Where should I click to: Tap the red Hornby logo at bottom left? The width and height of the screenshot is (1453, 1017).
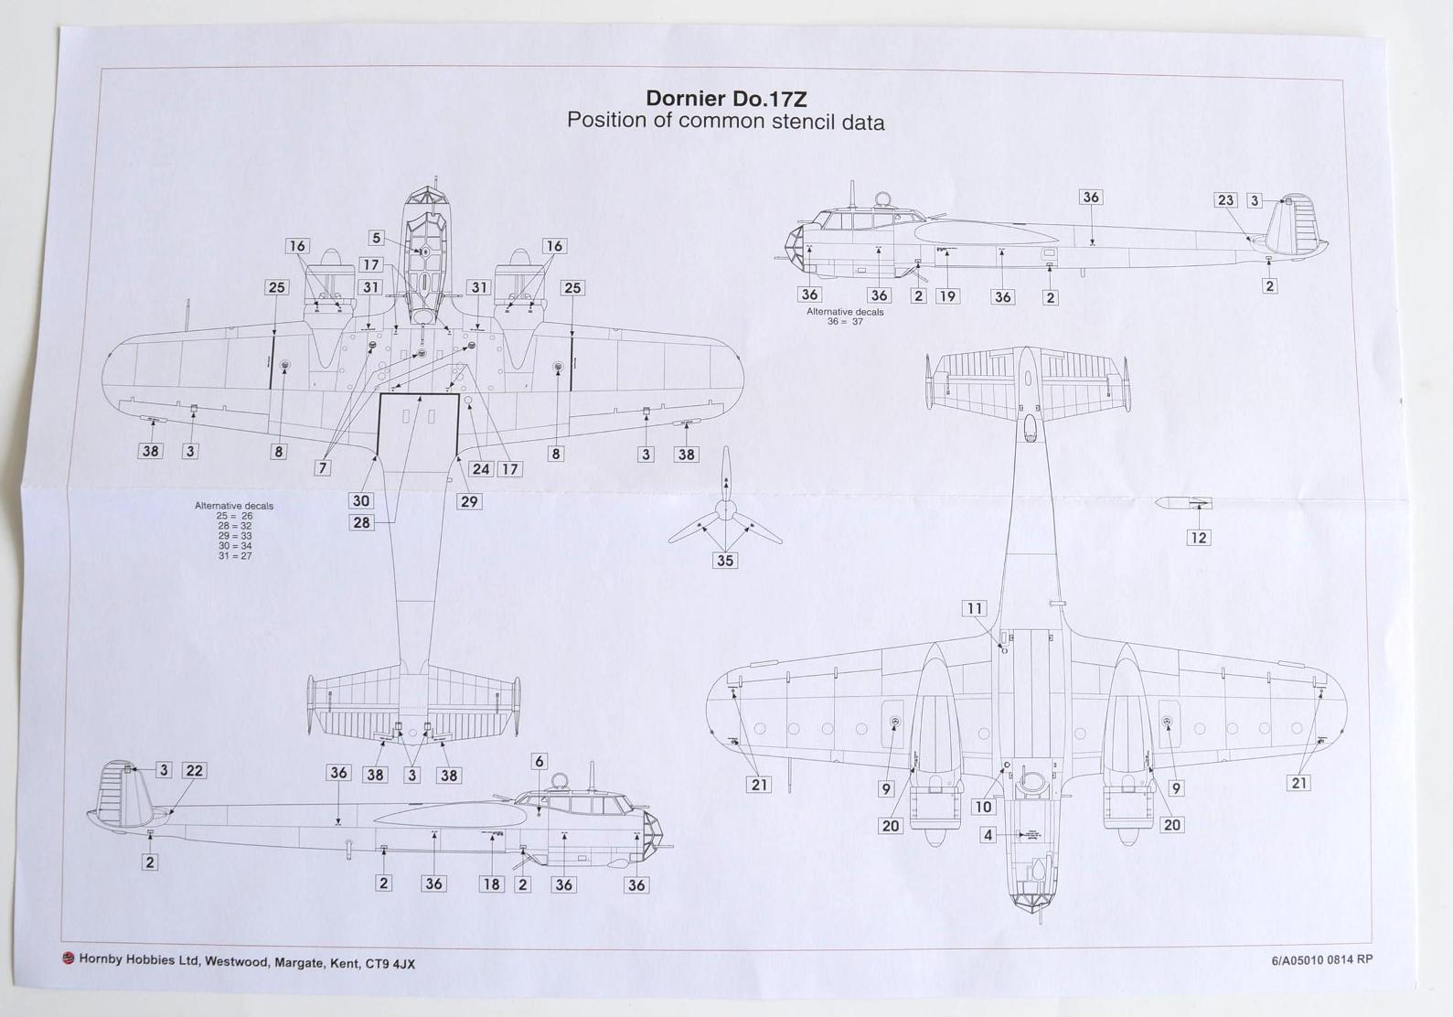[x=68, y=958]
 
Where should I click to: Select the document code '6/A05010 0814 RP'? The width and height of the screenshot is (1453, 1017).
[x=1321, y=960]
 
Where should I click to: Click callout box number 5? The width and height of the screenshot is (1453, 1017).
[x=376, y=238]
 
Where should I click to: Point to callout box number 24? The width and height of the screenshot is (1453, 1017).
[x=481, y=469]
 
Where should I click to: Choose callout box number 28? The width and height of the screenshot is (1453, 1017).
[x=361, y=522]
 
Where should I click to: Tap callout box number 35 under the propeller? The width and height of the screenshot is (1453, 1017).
[x=725, y=561]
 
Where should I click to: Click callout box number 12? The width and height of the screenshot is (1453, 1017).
[x=1198, y=538]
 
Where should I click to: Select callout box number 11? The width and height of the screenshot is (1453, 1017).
[x=975, y=608]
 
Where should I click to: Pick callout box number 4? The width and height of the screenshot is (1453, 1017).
[x=988, y=835]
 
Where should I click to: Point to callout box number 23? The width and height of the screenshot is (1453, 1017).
[x=1225, y=200]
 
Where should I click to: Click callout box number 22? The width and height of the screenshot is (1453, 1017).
[x=194, y=771]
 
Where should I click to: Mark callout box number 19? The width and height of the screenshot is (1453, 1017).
[x=947, y=296]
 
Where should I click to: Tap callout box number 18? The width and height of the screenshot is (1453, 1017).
[x=492, y=884]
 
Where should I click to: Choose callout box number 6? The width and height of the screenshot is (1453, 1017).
[x=540, y=761]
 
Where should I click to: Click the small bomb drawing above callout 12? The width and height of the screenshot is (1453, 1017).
[x=1181, y=503]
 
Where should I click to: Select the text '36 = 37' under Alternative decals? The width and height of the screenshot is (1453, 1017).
[x=845, y=322]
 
